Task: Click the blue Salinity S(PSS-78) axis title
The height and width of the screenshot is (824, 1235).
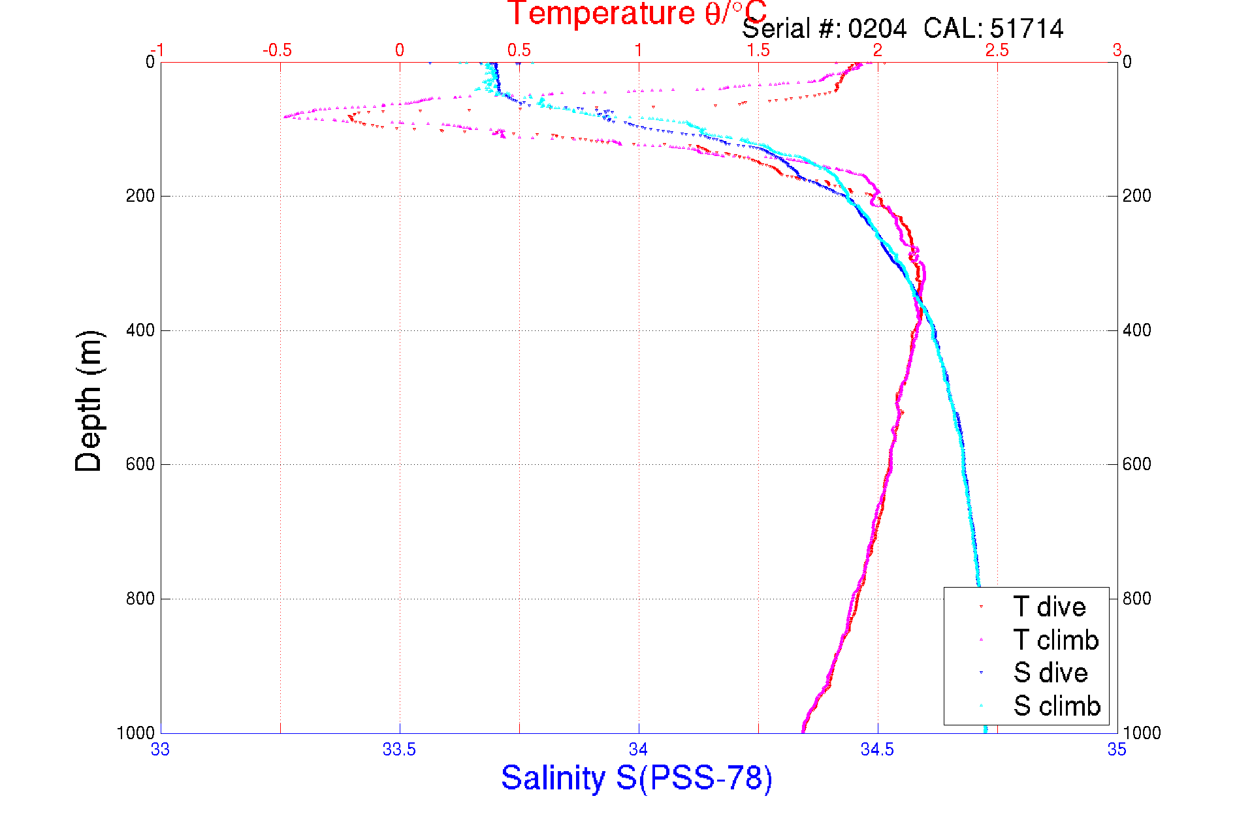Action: pyautogui.click(x=636, y=778)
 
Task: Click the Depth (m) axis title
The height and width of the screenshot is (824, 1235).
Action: pyautogui.click(x=89, y=401)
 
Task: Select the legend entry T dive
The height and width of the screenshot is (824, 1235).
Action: pyautogui.click(x=1049, y=607)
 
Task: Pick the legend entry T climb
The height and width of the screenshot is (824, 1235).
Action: pyautogui.click(x=1055, y=640)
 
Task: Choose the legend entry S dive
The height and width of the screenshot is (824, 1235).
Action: pyautogui.click(x=1050, y=673)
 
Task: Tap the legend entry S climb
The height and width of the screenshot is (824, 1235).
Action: pyautogui.click(x=1057, y=706)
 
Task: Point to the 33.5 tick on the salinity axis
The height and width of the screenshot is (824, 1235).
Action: pyautogui.click(x=399, y=750)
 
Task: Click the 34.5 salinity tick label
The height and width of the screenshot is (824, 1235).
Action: pyautogui.click(x=877, y=750)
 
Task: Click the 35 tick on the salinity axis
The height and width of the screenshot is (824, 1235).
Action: pyautogui.click(x=1116, y=750)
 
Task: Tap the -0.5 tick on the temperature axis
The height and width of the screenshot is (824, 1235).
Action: pyautogui.click(x=277, y=50)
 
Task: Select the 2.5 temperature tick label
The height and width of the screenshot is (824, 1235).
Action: pyautogui.click(x=997, y=50)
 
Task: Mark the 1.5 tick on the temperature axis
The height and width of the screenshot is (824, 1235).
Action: pyautogui.click(x=758, y=50)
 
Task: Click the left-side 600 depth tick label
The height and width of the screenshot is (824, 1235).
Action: pyautogui.click(x=140, y=464)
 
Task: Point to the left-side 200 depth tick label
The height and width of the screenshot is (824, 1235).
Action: pyautogui.click(x=140, y=196)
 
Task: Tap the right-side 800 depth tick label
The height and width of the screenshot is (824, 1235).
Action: pyautogui.click(x=1137, y=599)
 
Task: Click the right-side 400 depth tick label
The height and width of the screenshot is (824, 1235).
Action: pyautogui.click(x=1137, y=330)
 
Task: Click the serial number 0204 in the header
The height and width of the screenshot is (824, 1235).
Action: pyautogui.click(x=877, y=29)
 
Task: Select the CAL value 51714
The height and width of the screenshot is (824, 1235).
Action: pyautogui.click(x=1026, y=29)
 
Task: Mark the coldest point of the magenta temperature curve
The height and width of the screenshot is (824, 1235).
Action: pyautogui.click(x=285, y=117)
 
